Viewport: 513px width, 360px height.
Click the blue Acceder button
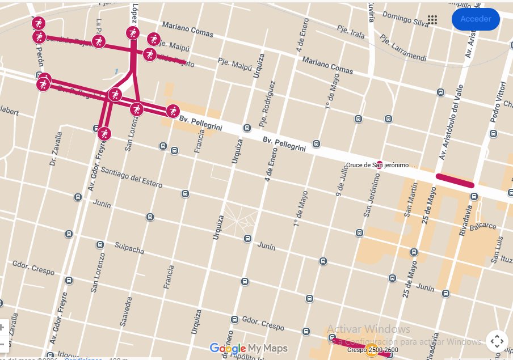click(x=475, y=19)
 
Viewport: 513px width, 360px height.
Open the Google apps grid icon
click(x=432, y=20)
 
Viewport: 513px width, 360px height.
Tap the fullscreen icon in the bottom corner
click(x=497, y=341)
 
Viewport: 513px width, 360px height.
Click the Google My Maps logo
click(x=249, y=348)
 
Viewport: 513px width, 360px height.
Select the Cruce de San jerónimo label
click(x=381, y=166)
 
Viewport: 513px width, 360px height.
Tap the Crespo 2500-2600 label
click(x=372, y=350)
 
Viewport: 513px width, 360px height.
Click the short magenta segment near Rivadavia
click(x=454, y=180)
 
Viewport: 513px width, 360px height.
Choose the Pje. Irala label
click(x=350, y=33)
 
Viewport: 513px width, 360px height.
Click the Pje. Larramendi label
click(x=402, y=48)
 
